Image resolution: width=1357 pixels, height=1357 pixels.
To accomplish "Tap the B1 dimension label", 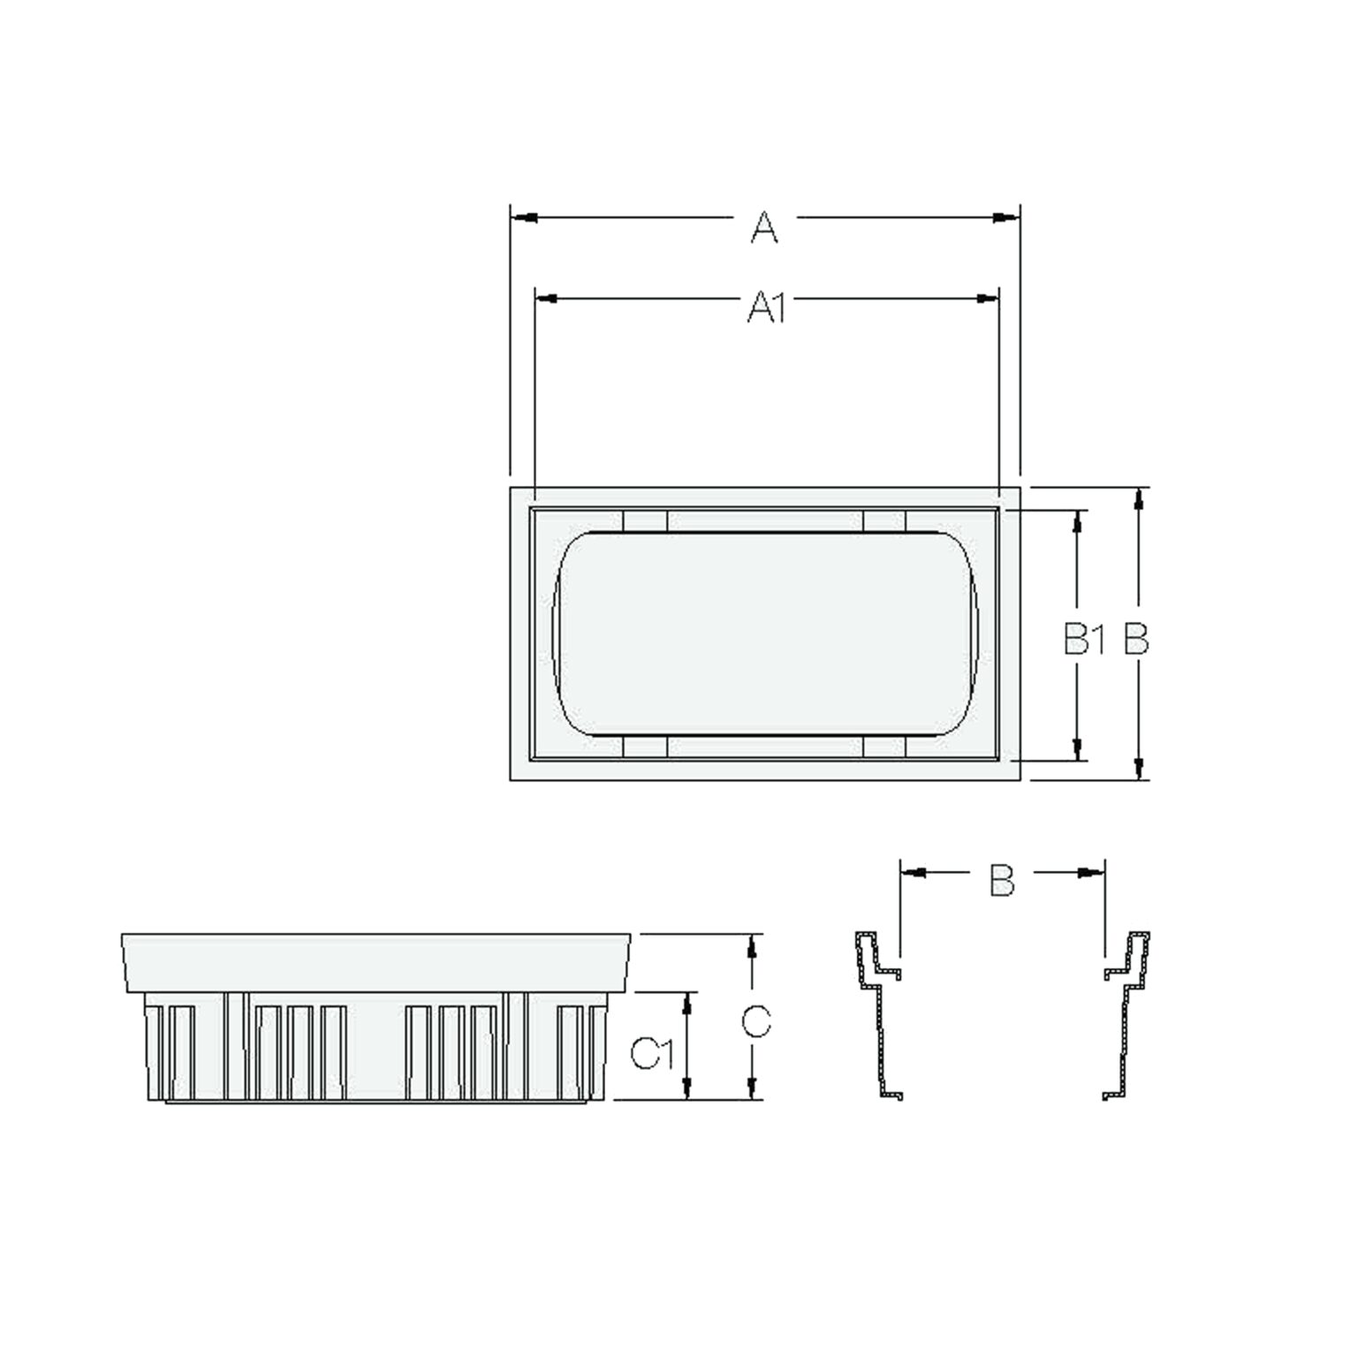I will tap(1085, 639).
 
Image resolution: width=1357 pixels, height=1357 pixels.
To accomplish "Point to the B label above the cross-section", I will tap(1001, 879).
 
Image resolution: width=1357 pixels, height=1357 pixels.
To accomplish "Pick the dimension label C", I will tap(756, 1021).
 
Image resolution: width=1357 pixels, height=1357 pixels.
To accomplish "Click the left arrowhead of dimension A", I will tap(524, 217).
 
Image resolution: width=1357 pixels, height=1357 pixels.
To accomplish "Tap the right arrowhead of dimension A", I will tap(1005, 217).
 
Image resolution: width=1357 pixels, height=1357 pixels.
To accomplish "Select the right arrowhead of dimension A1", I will tap(986, 299).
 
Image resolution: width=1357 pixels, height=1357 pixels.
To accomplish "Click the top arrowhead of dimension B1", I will tap(1078, 521).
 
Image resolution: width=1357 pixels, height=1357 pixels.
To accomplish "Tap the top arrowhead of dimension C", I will tap(752, 945).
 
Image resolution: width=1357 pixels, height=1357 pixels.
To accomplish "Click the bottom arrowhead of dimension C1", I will tap(687, 1088).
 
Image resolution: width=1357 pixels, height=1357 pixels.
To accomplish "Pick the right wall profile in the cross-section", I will tap(1126, 1016).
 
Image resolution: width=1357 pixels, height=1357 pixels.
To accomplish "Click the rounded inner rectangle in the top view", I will tap(765, 633).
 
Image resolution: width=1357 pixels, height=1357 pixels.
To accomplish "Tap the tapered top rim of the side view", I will tap(376, 961).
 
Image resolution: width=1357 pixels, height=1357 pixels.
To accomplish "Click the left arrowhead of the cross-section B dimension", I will tap(913, 873).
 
